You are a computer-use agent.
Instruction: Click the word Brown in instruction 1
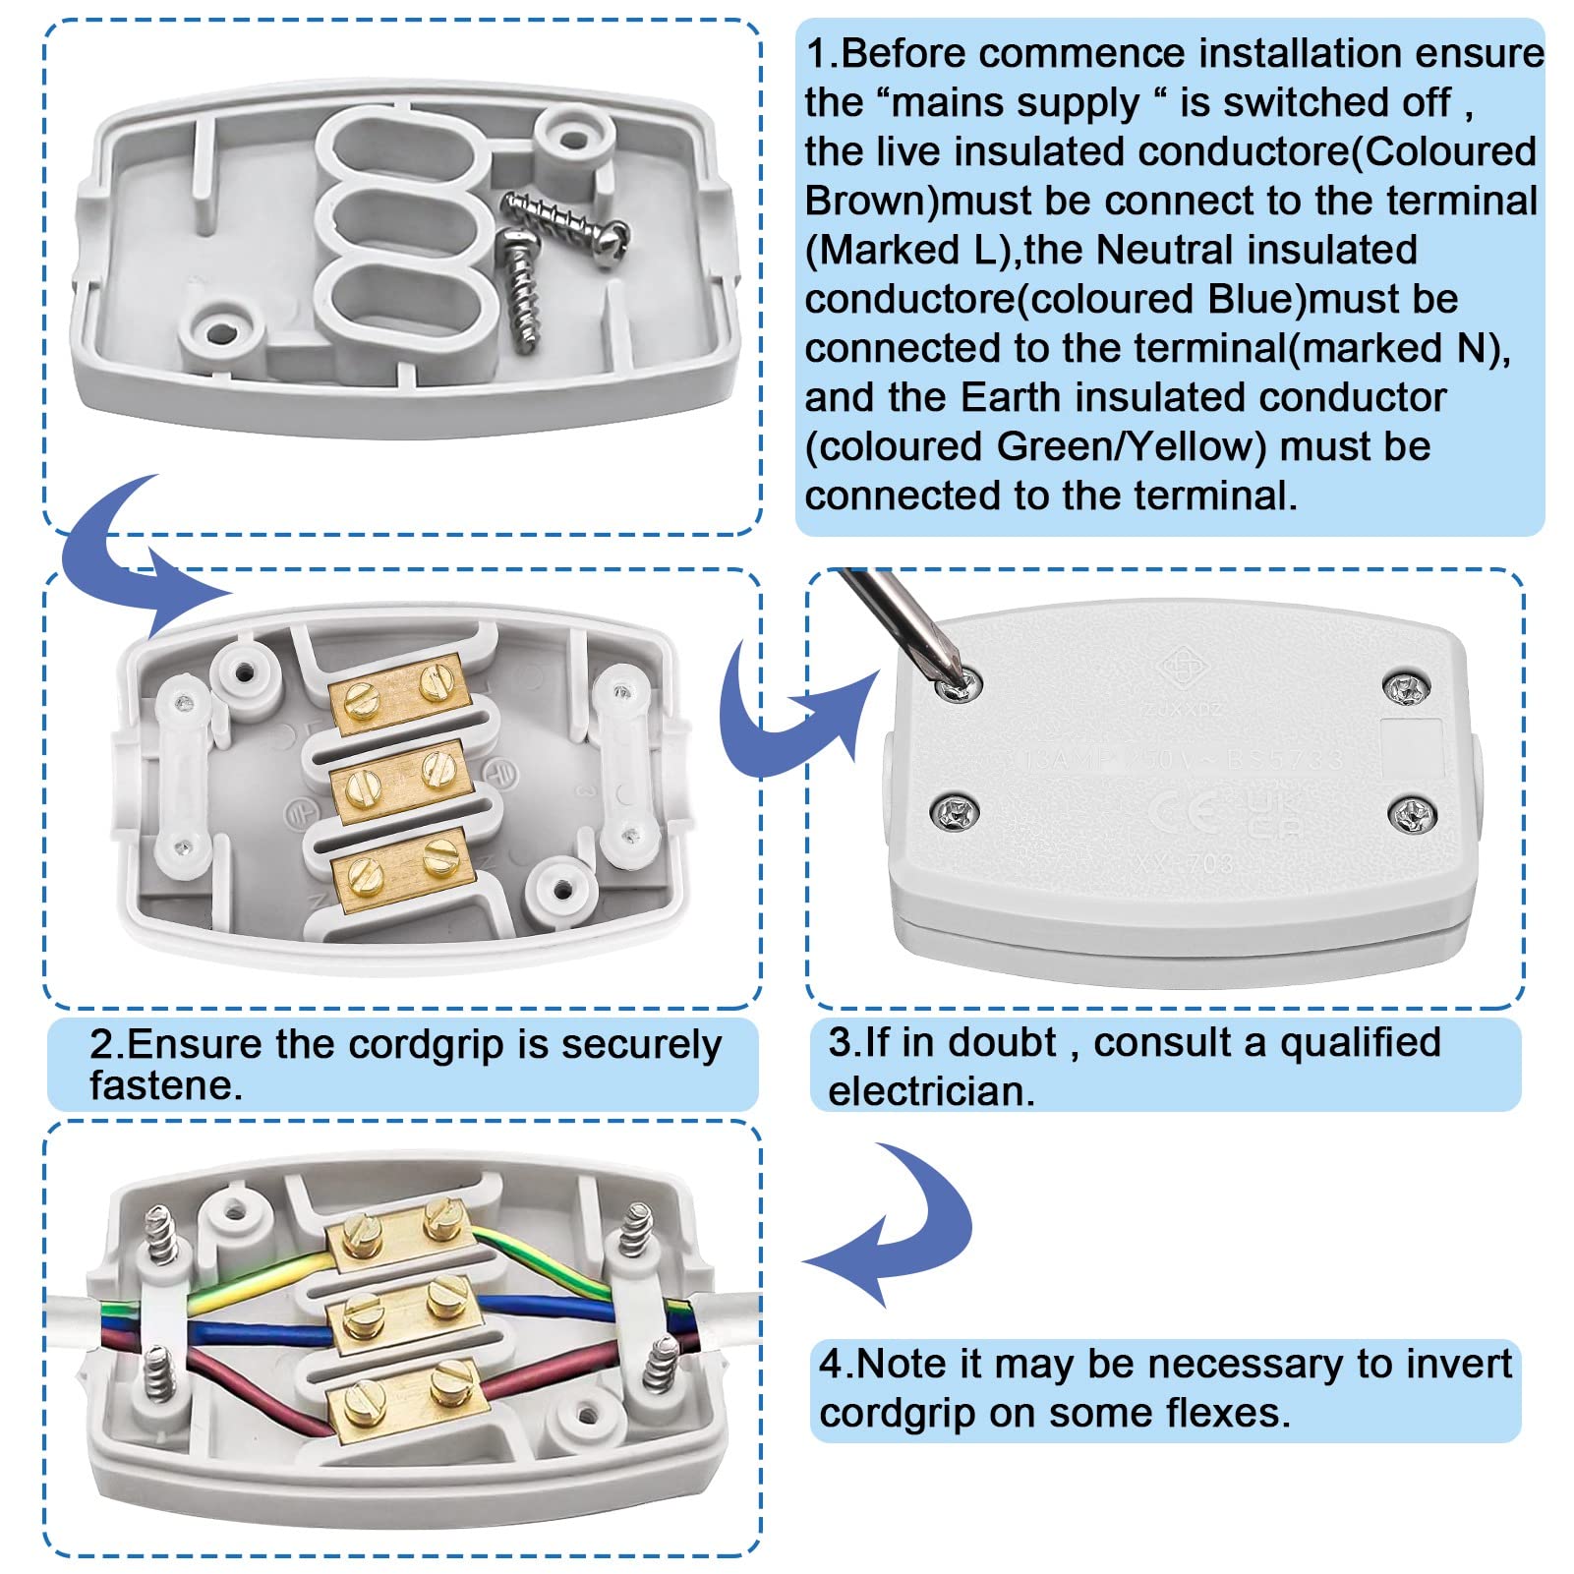[871, 201]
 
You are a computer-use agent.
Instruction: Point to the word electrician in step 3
[930, 1091]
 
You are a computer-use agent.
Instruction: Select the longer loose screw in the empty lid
[564, 217]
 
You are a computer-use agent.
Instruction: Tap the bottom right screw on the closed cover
[1412, 814]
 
